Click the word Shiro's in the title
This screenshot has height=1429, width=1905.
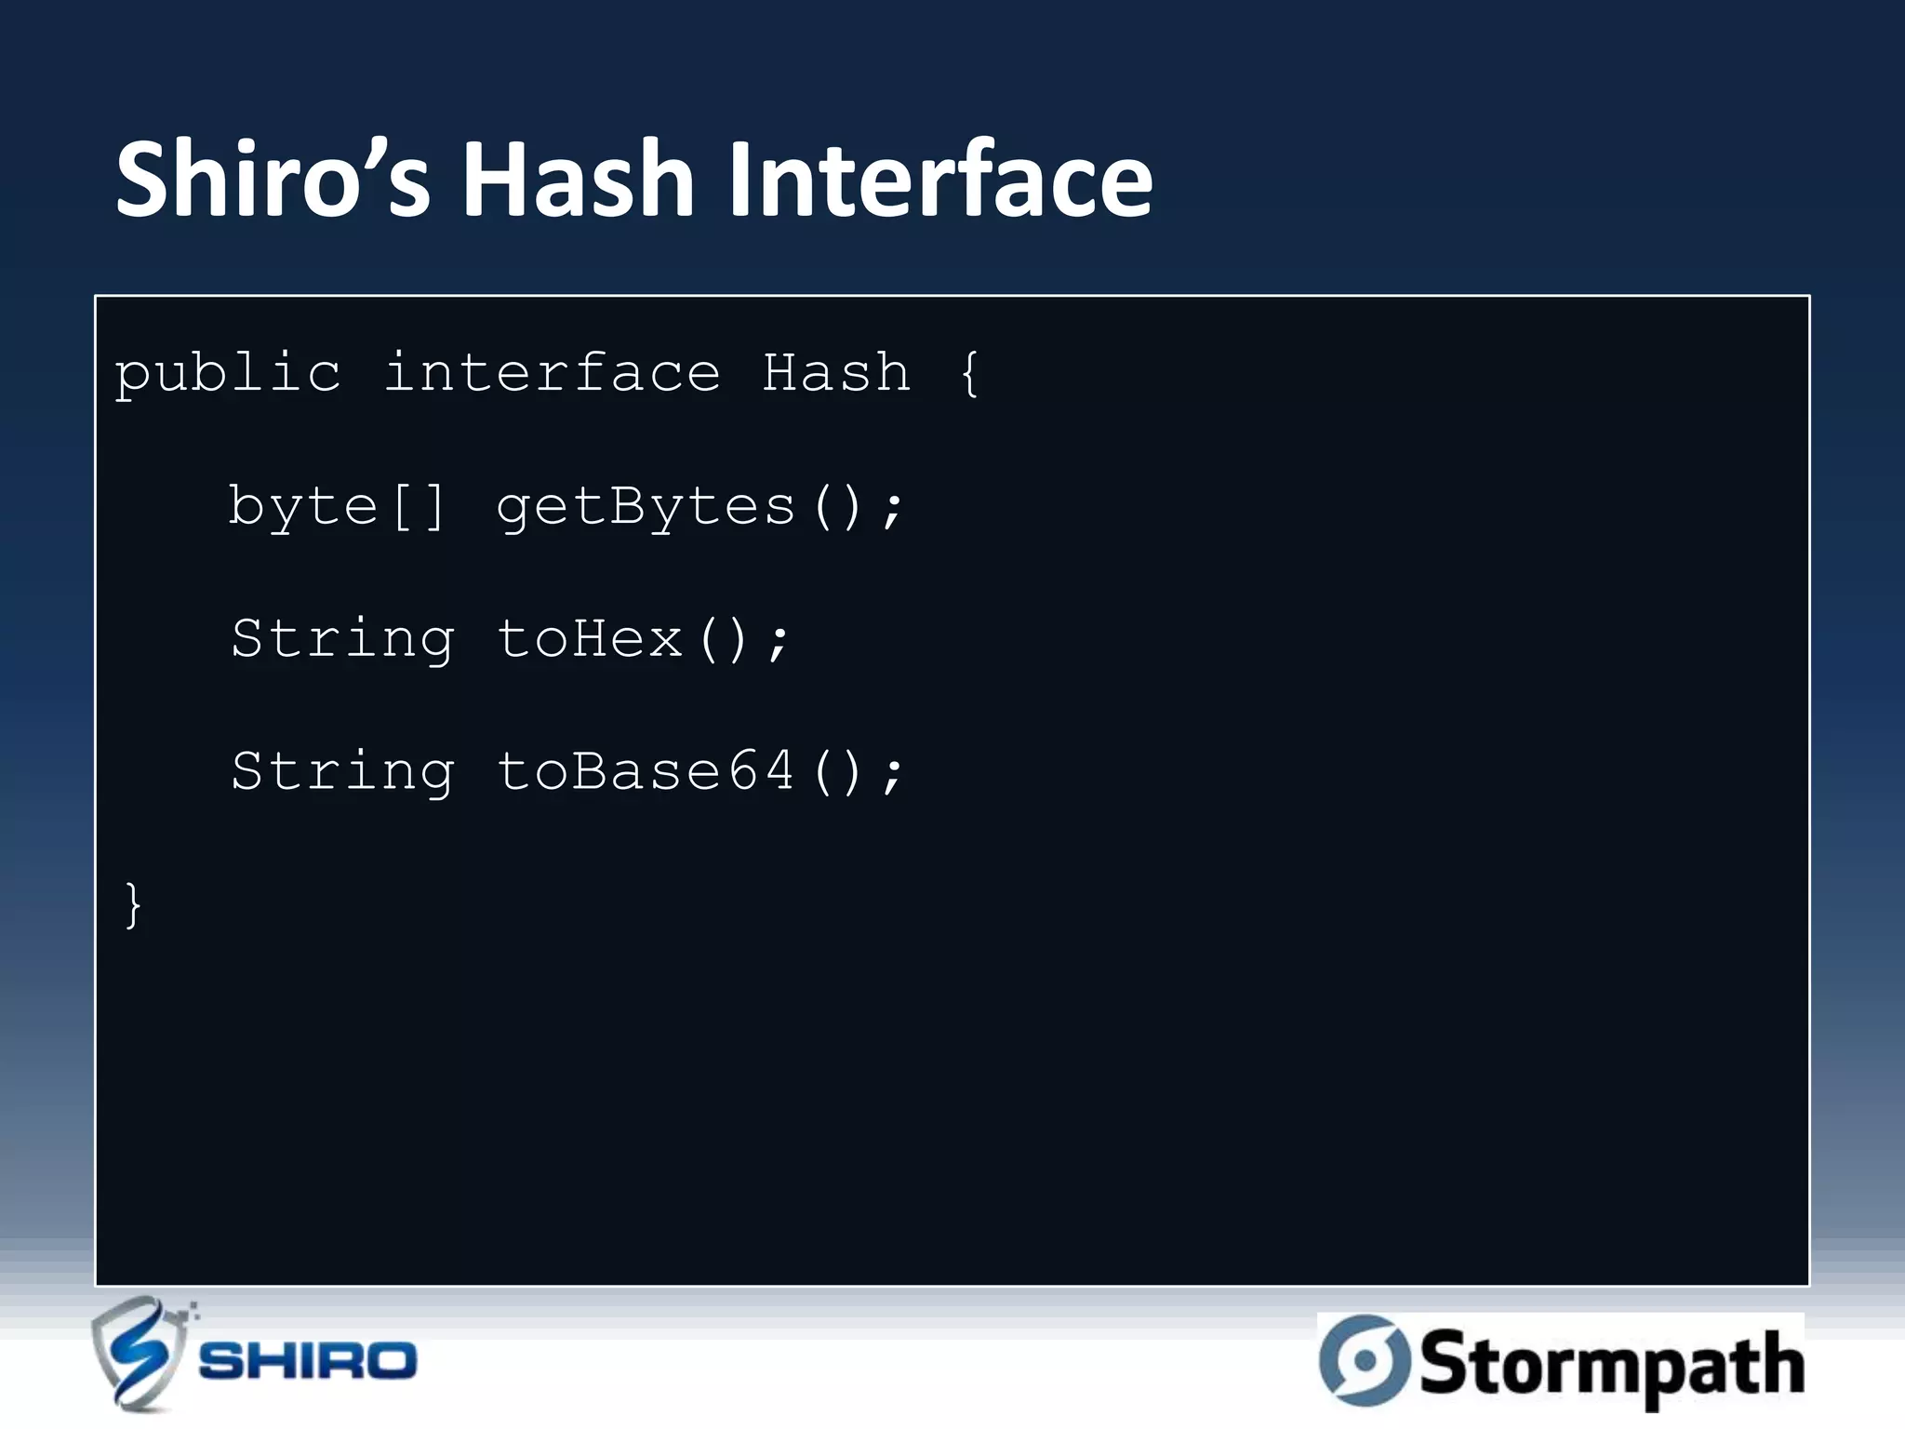pos(273,179)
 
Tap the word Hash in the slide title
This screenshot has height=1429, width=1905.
pos(578,179)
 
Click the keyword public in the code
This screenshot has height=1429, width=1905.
pos(228,374)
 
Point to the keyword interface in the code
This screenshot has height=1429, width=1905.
pos(552,374)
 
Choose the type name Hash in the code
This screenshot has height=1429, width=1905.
pos(836,374)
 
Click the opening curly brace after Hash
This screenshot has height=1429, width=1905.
pos(969,374)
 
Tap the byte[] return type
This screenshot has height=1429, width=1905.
pos(337,508)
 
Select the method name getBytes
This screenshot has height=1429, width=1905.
pos(646,508)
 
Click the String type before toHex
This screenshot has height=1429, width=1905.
pos(342,640)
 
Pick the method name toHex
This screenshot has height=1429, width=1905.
pos(590,640)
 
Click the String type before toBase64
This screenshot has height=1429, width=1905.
pos(342,772)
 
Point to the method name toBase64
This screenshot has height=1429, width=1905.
pos(646,772)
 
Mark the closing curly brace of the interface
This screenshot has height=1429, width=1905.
pos(133,904)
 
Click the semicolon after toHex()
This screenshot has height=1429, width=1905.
pos(779,642)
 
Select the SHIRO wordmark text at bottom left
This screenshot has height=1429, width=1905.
pos(307,1362)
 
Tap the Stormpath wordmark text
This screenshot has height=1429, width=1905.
pos(1611,1364)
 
